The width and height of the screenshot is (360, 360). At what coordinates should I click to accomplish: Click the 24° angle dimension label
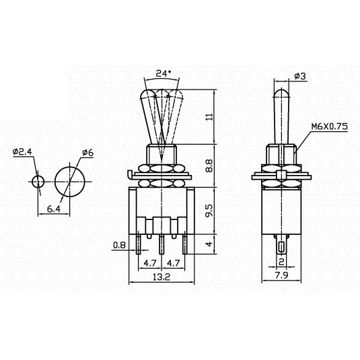164,73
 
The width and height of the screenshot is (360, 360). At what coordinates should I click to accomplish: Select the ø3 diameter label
300,76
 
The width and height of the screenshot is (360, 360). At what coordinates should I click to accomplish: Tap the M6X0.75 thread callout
329,127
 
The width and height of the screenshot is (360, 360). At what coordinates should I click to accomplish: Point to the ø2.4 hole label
23,151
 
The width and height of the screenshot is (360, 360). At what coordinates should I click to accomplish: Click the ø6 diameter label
88,153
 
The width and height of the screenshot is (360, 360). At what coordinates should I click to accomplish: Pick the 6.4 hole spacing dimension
53,209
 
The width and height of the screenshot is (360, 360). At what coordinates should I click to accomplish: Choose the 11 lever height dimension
209,116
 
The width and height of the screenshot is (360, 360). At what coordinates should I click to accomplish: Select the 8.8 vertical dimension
209,166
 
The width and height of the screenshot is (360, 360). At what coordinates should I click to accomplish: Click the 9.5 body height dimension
209,211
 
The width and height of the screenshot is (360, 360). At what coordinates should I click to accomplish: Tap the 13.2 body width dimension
161,277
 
